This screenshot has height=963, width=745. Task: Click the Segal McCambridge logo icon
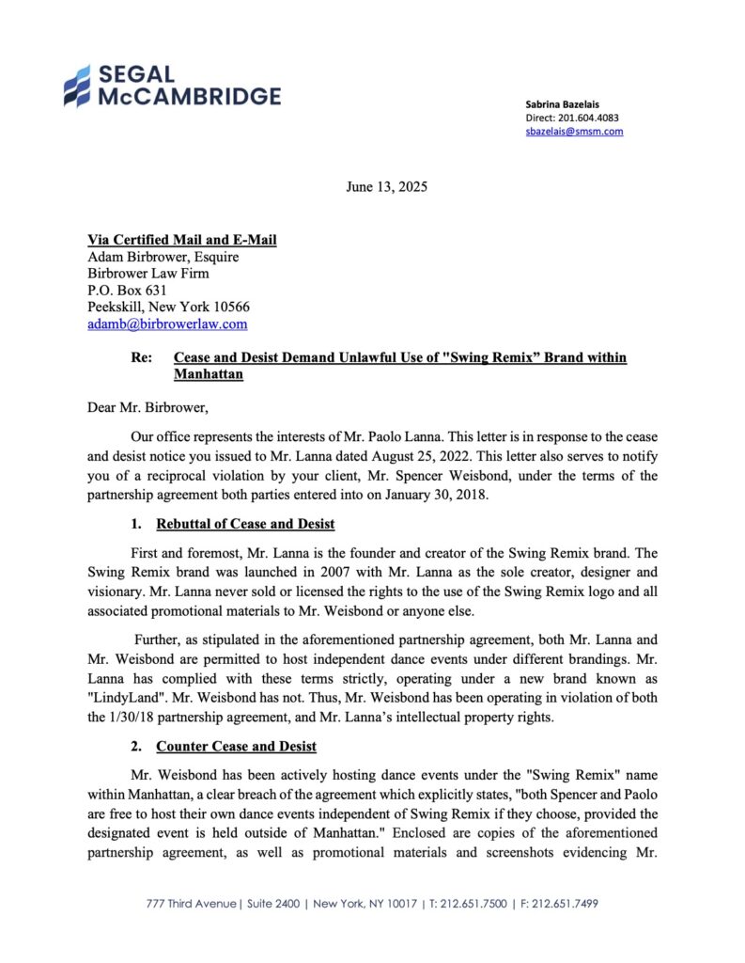[77, 86]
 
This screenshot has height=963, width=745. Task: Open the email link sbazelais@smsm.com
[574, 132]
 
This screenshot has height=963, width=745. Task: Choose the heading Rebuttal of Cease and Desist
[245, 524]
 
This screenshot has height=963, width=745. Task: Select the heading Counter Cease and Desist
[236, 747]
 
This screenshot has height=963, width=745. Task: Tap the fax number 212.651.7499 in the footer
[566, 904]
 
